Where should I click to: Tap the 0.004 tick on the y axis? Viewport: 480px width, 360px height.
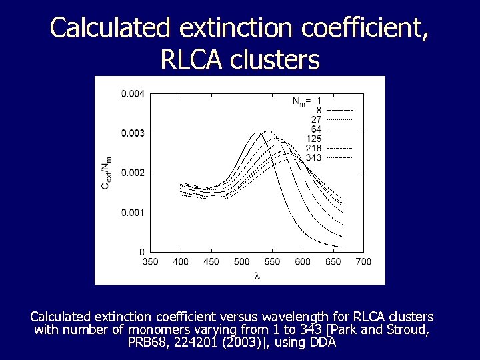coord(132,93)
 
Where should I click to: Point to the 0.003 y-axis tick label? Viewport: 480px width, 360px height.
coord(132,133)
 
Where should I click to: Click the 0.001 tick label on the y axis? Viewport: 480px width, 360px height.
coord(132,212)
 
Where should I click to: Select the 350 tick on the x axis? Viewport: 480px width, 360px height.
coord(151,261)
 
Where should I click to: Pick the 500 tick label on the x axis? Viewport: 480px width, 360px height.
coord(242,261)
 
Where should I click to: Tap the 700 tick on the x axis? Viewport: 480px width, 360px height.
coord(363,261)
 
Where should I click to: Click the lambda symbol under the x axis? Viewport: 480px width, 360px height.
coord(257,275)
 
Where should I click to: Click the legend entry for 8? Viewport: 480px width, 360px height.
coord(319,110)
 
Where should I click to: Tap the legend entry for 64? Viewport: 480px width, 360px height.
coord(316,129)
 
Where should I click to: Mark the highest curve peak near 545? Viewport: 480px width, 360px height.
coord(267,131)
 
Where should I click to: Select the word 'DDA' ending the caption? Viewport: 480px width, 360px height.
coord(323,343)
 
